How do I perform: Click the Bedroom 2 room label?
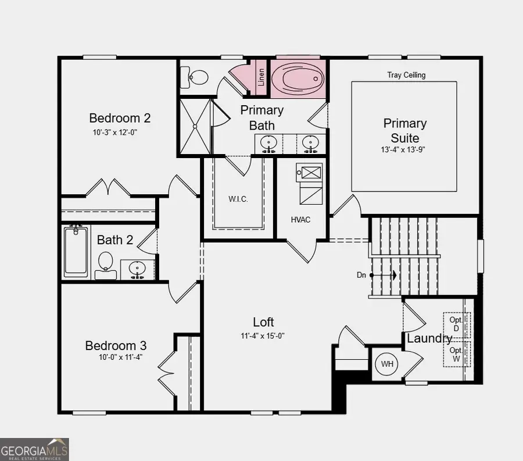point(120,118)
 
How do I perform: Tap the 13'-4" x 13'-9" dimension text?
point(404,149)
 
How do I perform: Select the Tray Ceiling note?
point(406,75)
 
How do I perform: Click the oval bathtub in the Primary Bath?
point(298,78)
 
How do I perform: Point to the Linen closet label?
point(261,77)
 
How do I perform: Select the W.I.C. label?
point(238,199)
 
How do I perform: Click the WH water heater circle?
point(387,364)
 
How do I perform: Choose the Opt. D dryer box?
point(456,324)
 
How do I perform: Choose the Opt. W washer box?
point(456,355)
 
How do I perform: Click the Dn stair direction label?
point(361,275)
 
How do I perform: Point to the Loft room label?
point(263,322)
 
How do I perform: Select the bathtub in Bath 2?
point(76,251)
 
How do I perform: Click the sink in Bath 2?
point(137,269)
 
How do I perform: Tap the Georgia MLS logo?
point(34,449)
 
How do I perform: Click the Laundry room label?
point(429,338)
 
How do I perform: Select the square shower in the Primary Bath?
point(195,127)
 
